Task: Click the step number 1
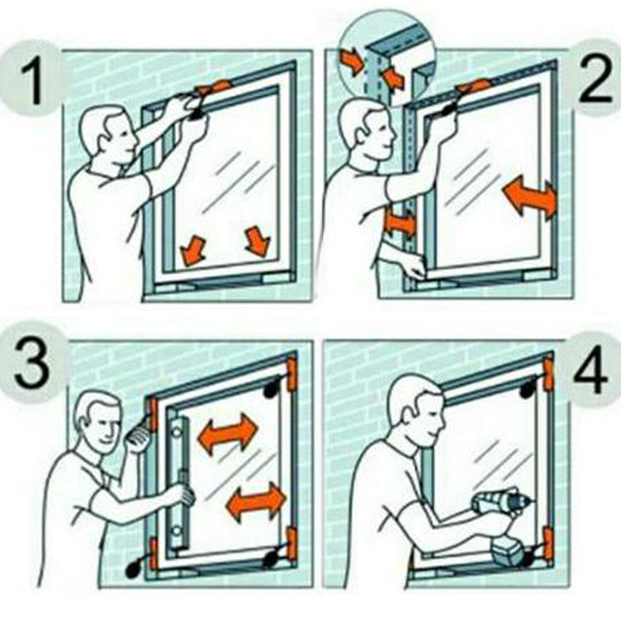33,81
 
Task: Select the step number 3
32,364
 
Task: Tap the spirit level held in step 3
179,483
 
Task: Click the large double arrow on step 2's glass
529,198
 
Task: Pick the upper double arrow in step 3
227,434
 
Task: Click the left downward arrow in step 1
193,250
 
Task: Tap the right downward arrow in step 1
258,241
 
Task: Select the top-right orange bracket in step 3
292,374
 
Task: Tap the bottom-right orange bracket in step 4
548,544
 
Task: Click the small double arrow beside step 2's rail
400,224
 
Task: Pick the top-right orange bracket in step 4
549,374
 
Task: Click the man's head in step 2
367,130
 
